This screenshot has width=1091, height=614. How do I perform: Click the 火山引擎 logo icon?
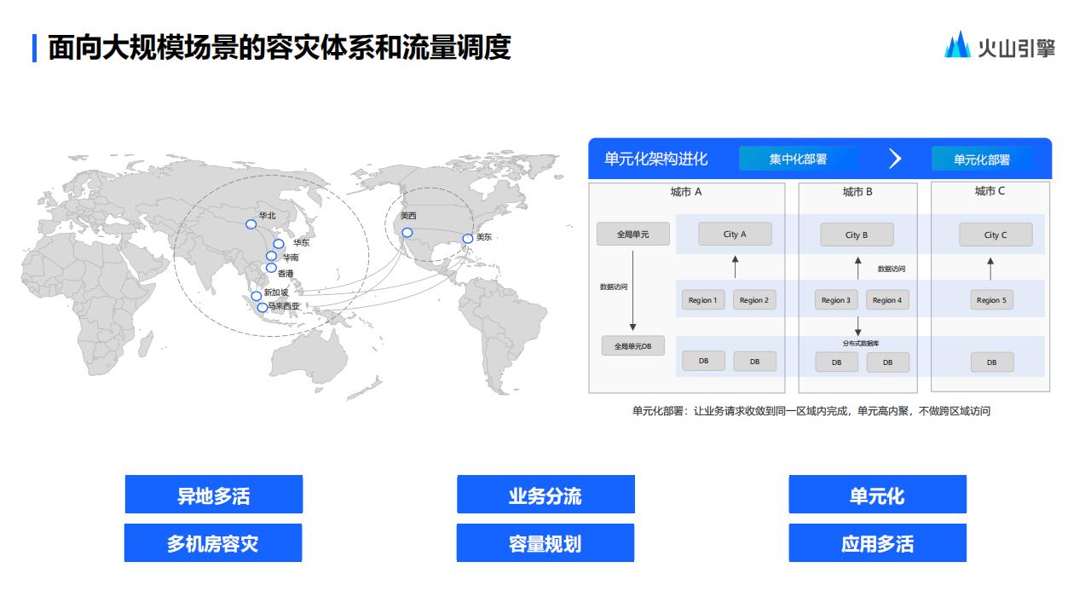pyautogui.click(x=957, y=45)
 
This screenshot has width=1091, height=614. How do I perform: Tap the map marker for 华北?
pyautogui.click(x=251, y=224)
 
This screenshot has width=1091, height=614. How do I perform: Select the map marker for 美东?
pyautogui.click(x=467, y=239)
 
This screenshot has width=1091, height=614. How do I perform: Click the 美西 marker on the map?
pyautogui.click(x=407, y=233)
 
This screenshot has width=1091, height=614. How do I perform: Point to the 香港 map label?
pyautogui.click(x=286, y=274)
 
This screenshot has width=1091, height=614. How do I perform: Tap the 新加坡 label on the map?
pyautogui.click(x=276, y=293)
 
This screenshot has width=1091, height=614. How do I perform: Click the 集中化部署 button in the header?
pyautogui.click(x=798, y=159)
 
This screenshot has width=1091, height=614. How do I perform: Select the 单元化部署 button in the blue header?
pyautogui.click(x=981, y=159)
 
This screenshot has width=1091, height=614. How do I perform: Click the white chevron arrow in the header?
pyautogui.click(x=895, y=159)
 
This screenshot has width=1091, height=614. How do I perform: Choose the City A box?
pyautogui.click(x=735, y=235)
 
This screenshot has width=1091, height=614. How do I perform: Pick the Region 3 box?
pyautogui.click(x=835, y=300)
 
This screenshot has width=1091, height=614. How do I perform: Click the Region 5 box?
pyautogui.click(x=991, y=300)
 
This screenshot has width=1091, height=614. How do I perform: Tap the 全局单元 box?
pyautogui.click(x=632, y=235)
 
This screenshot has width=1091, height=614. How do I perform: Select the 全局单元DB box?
pyautogui.click(x=632, y=346)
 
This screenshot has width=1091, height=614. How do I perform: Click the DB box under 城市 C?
pyautogui.click(x=991, y=362)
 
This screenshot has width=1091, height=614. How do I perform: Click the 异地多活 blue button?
pyautogui.click(x=213, y=495)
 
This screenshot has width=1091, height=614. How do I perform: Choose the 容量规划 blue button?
pyautogui.click(x=545, y=543)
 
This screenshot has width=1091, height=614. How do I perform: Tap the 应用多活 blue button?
pyautogui.click(x=877, y=543)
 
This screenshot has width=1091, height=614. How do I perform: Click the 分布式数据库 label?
pyautogui.click(x=860, y=343)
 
